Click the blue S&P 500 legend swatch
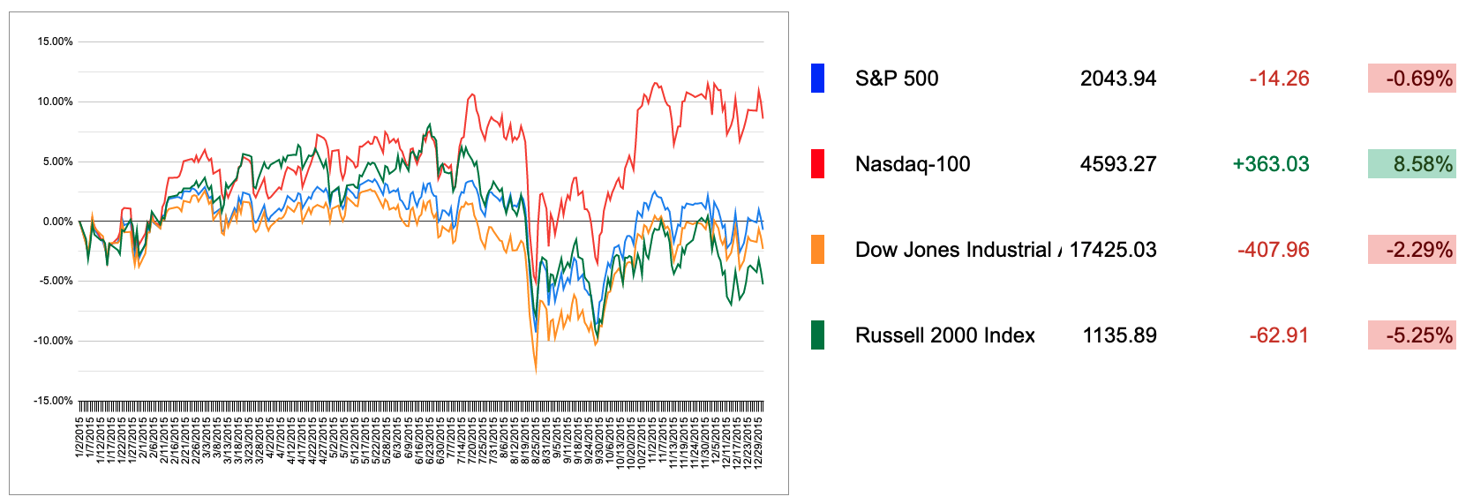pyautogui.click(x=817, y=79)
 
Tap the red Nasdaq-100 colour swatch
pyautogui.click(x=817, y=164)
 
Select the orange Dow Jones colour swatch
pyautogui.click(x=817, y=250)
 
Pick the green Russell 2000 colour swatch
pyautogui.click(x=817, y=335)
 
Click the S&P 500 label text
pyautogui.click(x=897, y=79)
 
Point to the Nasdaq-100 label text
pyautogui.click(x=913, y=164)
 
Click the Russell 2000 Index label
pyautogui.click(x=944, y=335)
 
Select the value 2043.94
pyautogui.click(x=1117, y=79)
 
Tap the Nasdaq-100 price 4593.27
pyautogui.click(x=1117, y=164)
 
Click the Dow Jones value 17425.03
pyautogui.click(x=1112, y=250)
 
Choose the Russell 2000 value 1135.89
pyautogui.click(x=1119, y=335)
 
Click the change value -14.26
pyautogui.click(x=1279, y=79)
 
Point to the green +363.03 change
pyautogui.click(x=1271, y=164)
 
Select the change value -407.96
pyautogui.click(x=1273, y=250)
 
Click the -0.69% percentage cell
pyautogui.click(x=1412, y=79)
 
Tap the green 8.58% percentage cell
pyautogui.click(x=1412, y=164)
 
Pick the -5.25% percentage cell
pyautogui.click(x=1412, y=335)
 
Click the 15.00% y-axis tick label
pyautogui.click(x=55, y=41)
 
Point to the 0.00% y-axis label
pyautogui.click(x=57, y=222)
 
